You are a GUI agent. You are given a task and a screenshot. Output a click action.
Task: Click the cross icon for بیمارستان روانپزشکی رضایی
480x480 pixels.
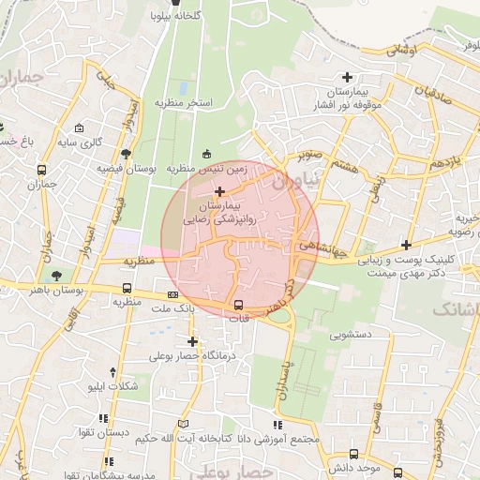tap(219, 191)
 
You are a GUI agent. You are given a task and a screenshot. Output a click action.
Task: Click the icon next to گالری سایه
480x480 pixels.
tap(79, 128)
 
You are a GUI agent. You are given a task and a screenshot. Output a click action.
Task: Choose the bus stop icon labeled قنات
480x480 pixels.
tap(238, 304)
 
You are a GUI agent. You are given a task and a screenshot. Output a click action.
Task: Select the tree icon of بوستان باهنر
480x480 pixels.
tap(58, 276)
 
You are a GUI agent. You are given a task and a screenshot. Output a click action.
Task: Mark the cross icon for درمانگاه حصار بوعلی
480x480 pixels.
tap(192, 342)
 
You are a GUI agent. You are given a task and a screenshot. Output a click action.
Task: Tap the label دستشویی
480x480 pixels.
tap(351, 333)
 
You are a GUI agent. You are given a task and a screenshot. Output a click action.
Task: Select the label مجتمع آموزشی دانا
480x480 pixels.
tap(285, 439)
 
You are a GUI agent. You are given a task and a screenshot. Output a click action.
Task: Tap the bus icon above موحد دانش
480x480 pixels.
tap(353, 454)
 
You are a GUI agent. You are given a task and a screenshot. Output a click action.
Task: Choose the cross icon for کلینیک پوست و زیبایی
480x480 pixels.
tap(405, 244)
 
